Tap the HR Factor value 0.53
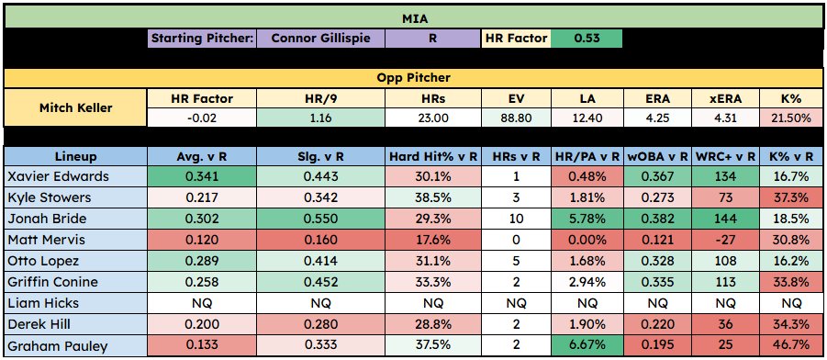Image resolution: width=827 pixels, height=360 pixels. (586, 39)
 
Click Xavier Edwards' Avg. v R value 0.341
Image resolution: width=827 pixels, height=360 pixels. (202, 175)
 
